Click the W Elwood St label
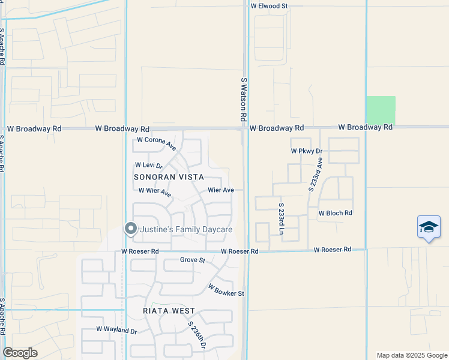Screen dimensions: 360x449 tap(270, 5)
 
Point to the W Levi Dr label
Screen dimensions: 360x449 tap(149, 165)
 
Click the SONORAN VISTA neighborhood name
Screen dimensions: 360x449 tap(169, 177)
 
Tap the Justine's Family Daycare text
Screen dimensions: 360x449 tap(186, 229)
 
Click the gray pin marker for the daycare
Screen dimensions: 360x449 tap(130, 229)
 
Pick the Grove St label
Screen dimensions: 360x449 tap(193, 260)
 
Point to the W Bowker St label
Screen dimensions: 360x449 tap(226, 290)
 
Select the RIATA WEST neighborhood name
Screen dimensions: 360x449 tap(169, 311)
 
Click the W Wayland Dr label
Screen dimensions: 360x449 tap(117, 330)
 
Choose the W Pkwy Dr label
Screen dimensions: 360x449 tap(307, 151)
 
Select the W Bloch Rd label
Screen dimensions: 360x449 tap(335, 213)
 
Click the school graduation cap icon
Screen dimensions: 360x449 tap(429, 227)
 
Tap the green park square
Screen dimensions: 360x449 tap(381, 110)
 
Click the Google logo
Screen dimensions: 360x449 tap(20, 353)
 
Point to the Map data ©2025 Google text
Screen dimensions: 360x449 tap(412, 355)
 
